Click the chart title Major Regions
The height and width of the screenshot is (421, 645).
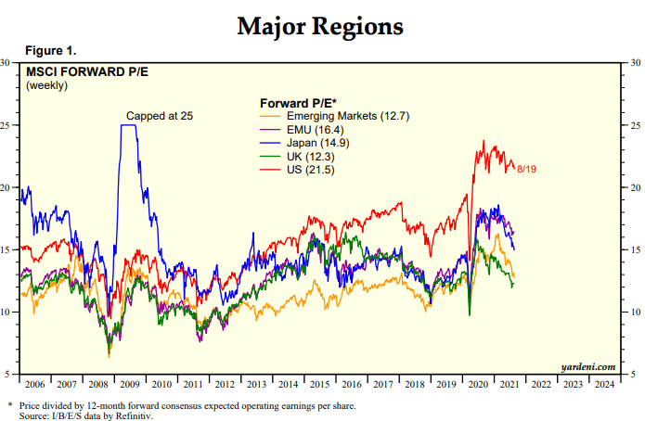point(320,25)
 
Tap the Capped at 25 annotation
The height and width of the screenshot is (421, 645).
point(160,115)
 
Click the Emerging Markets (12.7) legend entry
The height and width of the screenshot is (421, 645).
point(348,116)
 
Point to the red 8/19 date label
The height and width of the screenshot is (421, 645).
point(527,168)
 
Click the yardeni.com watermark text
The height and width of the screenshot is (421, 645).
point(588,366)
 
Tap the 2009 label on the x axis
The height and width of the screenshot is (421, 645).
point(130,383)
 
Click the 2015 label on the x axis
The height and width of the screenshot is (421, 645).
point(318,383)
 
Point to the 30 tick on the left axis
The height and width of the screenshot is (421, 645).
point(8,63)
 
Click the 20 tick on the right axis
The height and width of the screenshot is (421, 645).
point(633,187)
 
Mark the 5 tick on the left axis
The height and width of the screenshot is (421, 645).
point(8,374)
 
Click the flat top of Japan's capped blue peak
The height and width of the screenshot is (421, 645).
point(130,125)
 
